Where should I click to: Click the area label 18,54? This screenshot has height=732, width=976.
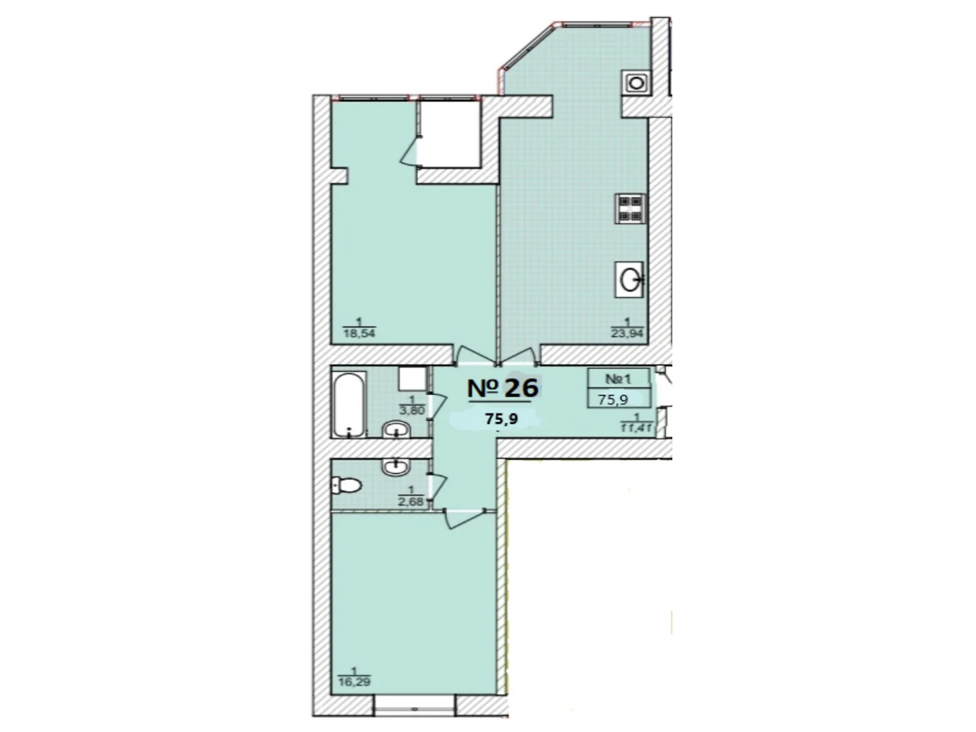pyautogui.click(x=359, y=333)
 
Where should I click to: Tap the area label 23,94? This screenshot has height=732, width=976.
pyautogui.click(x=627, y=333)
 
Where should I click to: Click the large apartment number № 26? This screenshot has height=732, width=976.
pyautogui.click(x=503, y=387)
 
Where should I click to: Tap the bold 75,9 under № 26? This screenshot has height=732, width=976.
pyautogui.click(x=501, y=418)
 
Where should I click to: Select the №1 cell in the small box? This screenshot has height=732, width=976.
pyautogui.click(x=619, y=379)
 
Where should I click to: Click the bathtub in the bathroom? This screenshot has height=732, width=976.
pyautogui.click(x=350, y=405)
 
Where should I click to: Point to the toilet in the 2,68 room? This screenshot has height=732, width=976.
pyautogui.click(x=346, y=486)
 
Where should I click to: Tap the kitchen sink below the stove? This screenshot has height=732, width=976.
pyautogui.click(x=630, y=279)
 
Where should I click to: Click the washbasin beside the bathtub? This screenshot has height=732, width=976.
pyautogui.click(x=396, y=429)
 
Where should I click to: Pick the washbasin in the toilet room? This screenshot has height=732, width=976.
pyautogui.click(x=395, y=467)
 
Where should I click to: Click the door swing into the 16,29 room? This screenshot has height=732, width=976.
pyautogui.click(x=464, y=518)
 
